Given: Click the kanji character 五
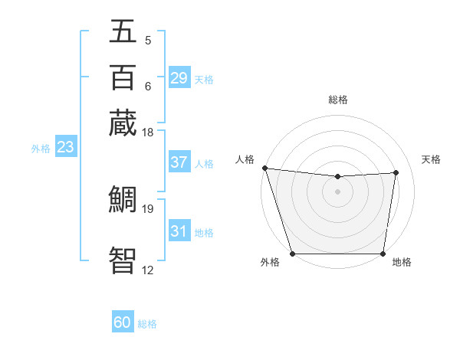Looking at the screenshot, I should pyautogui.click(x=123, y=32).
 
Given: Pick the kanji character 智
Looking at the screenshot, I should pyautogui.click(x=123, y=259).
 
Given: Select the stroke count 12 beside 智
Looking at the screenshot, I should pyautogui.click(x=147, y=270).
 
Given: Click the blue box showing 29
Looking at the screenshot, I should pyautogui.click(x=179, y=78).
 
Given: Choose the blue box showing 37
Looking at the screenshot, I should pyautogui.click(x=179, y=162).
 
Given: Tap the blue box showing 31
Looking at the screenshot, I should pyautogui.click(x=179, y=231).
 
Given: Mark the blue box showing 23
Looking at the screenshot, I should pyautogui.click(x=64, y=147).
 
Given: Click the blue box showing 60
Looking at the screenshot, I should pyautogui.click(x=122, y=323).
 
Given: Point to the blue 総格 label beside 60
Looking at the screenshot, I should pyautogui.click(x=147, y=324).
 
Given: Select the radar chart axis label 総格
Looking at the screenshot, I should pyautogui.click(x=337, y=100).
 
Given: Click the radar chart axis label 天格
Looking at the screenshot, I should pyautogui.click(x=431, y=159).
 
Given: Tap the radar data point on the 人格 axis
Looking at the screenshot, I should pyautogui.click(x=264, y=168).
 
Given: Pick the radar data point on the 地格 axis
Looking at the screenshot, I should pyautogui.click(x=383, y=254).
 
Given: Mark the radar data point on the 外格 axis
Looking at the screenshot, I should pyautogui.click(x=292, y=254).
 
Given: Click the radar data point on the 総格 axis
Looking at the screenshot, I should pyautogui.click(x=337, y=177).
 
